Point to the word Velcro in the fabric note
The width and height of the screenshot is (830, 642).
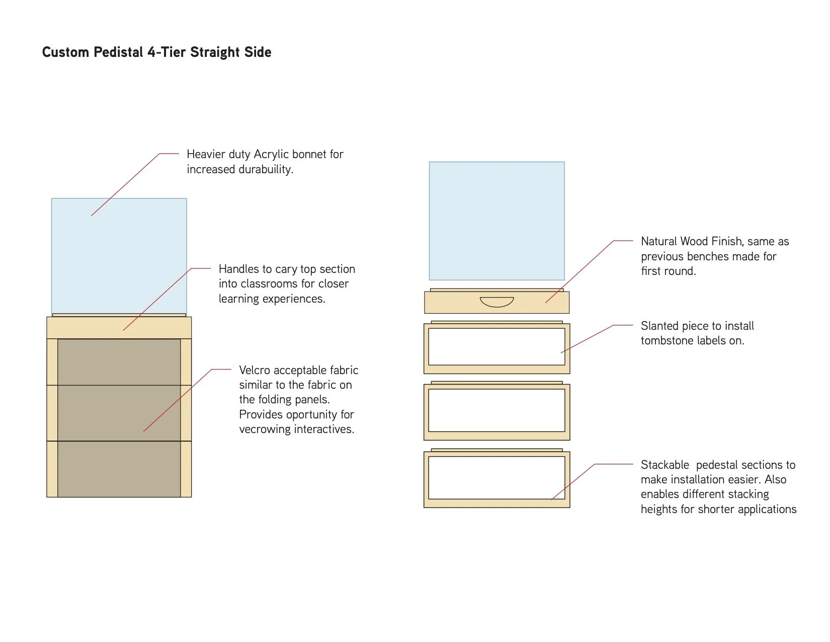pos(255,370)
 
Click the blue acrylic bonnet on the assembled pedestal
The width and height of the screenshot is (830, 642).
pos(119,256)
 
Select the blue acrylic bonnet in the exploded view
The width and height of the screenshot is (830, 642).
pos(496,221)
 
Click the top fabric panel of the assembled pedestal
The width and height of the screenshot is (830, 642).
pos(119,362)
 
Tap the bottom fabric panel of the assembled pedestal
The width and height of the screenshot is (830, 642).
pos(119,469)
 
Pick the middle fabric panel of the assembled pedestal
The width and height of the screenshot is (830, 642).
pos(119,413)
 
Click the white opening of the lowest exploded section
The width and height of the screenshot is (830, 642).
pos(496,477)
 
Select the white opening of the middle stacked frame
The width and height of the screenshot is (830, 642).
pos(496,410)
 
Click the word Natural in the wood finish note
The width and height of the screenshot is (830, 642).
pos(658,242)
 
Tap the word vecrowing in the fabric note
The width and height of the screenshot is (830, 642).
pos(267,430)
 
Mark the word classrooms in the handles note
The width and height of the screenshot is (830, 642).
pos(270,284)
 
